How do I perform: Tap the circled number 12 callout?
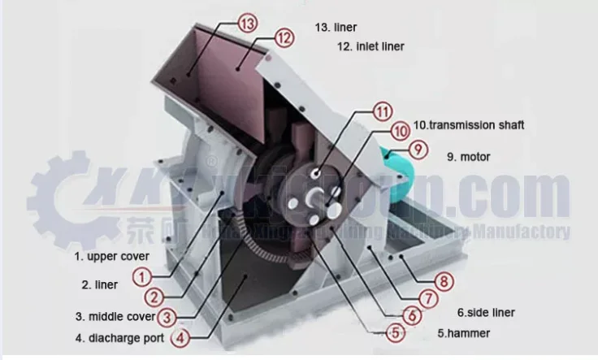pos(282,37)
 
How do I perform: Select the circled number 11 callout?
pos(382,112)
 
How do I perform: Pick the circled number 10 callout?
pos(400,130)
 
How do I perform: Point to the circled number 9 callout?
pos(417,149)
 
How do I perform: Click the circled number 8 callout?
pos(443,283)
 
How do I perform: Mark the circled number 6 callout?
pos(411,314)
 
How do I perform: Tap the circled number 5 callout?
pos(394,332)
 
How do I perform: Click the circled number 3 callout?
pos(166,316)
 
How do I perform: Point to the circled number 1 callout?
pos(142,277)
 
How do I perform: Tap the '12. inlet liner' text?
pos(370,46)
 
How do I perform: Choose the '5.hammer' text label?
pos(463,332)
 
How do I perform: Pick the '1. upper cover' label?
pos(112,256)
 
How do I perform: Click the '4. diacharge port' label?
pos(119,337)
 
